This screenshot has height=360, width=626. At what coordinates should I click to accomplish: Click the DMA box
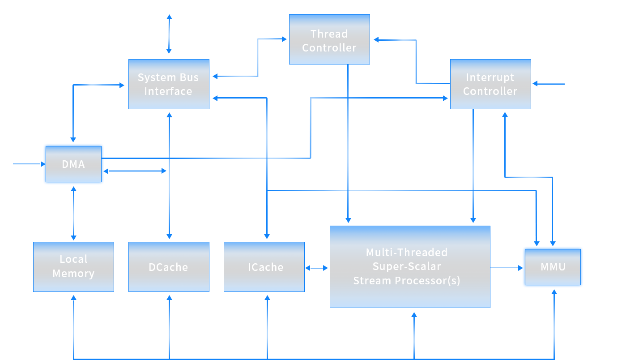[73, 164]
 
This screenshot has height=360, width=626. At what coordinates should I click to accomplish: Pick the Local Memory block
[73, 266]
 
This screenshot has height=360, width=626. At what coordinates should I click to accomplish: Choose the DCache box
[168, 267]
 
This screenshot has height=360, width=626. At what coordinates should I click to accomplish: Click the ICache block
[265, 267]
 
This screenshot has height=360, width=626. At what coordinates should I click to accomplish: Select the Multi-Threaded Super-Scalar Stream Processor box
[409, 267]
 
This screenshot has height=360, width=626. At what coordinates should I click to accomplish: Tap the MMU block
[553, 267]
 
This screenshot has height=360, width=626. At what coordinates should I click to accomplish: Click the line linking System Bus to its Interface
[169, 34]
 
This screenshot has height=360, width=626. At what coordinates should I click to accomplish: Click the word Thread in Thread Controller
[329, 34]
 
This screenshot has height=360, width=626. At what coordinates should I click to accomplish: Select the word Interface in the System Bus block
[168, 91]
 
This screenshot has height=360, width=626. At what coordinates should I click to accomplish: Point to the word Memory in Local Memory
[73, 274]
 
